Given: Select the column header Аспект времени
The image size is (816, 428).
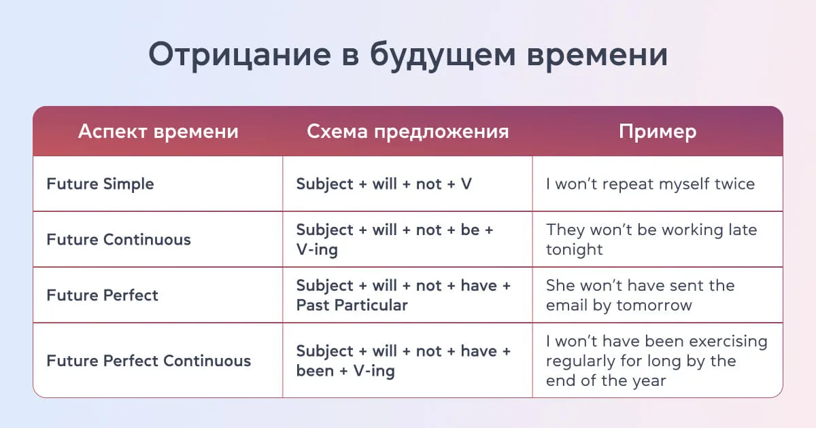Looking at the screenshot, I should click(158, 131).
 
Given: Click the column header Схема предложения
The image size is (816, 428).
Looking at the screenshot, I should click(407, 131).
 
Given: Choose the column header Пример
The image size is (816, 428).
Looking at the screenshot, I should click(657, 131).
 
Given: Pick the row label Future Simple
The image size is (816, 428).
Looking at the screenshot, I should click(100, 184).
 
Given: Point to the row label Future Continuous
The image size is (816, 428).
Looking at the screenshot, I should click(118, 240).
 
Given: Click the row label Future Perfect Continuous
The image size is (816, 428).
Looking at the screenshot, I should click(148, 361).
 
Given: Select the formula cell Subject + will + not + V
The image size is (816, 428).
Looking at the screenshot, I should click(384, 184).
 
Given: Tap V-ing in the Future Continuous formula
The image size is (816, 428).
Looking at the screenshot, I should click(317, 249).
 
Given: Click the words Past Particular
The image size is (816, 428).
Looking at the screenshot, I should click(352, 305).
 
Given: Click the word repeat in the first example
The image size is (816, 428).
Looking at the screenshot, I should click(618, 184).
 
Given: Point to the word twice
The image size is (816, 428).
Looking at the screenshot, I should click(734, 184).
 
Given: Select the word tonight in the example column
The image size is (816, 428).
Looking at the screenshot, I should click(574, 249).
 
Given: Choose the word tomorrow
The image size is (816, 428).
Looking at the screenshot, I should click(653, 305).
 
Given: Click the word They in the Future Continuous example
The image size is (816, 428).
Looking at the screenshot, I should click(564, 230).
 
